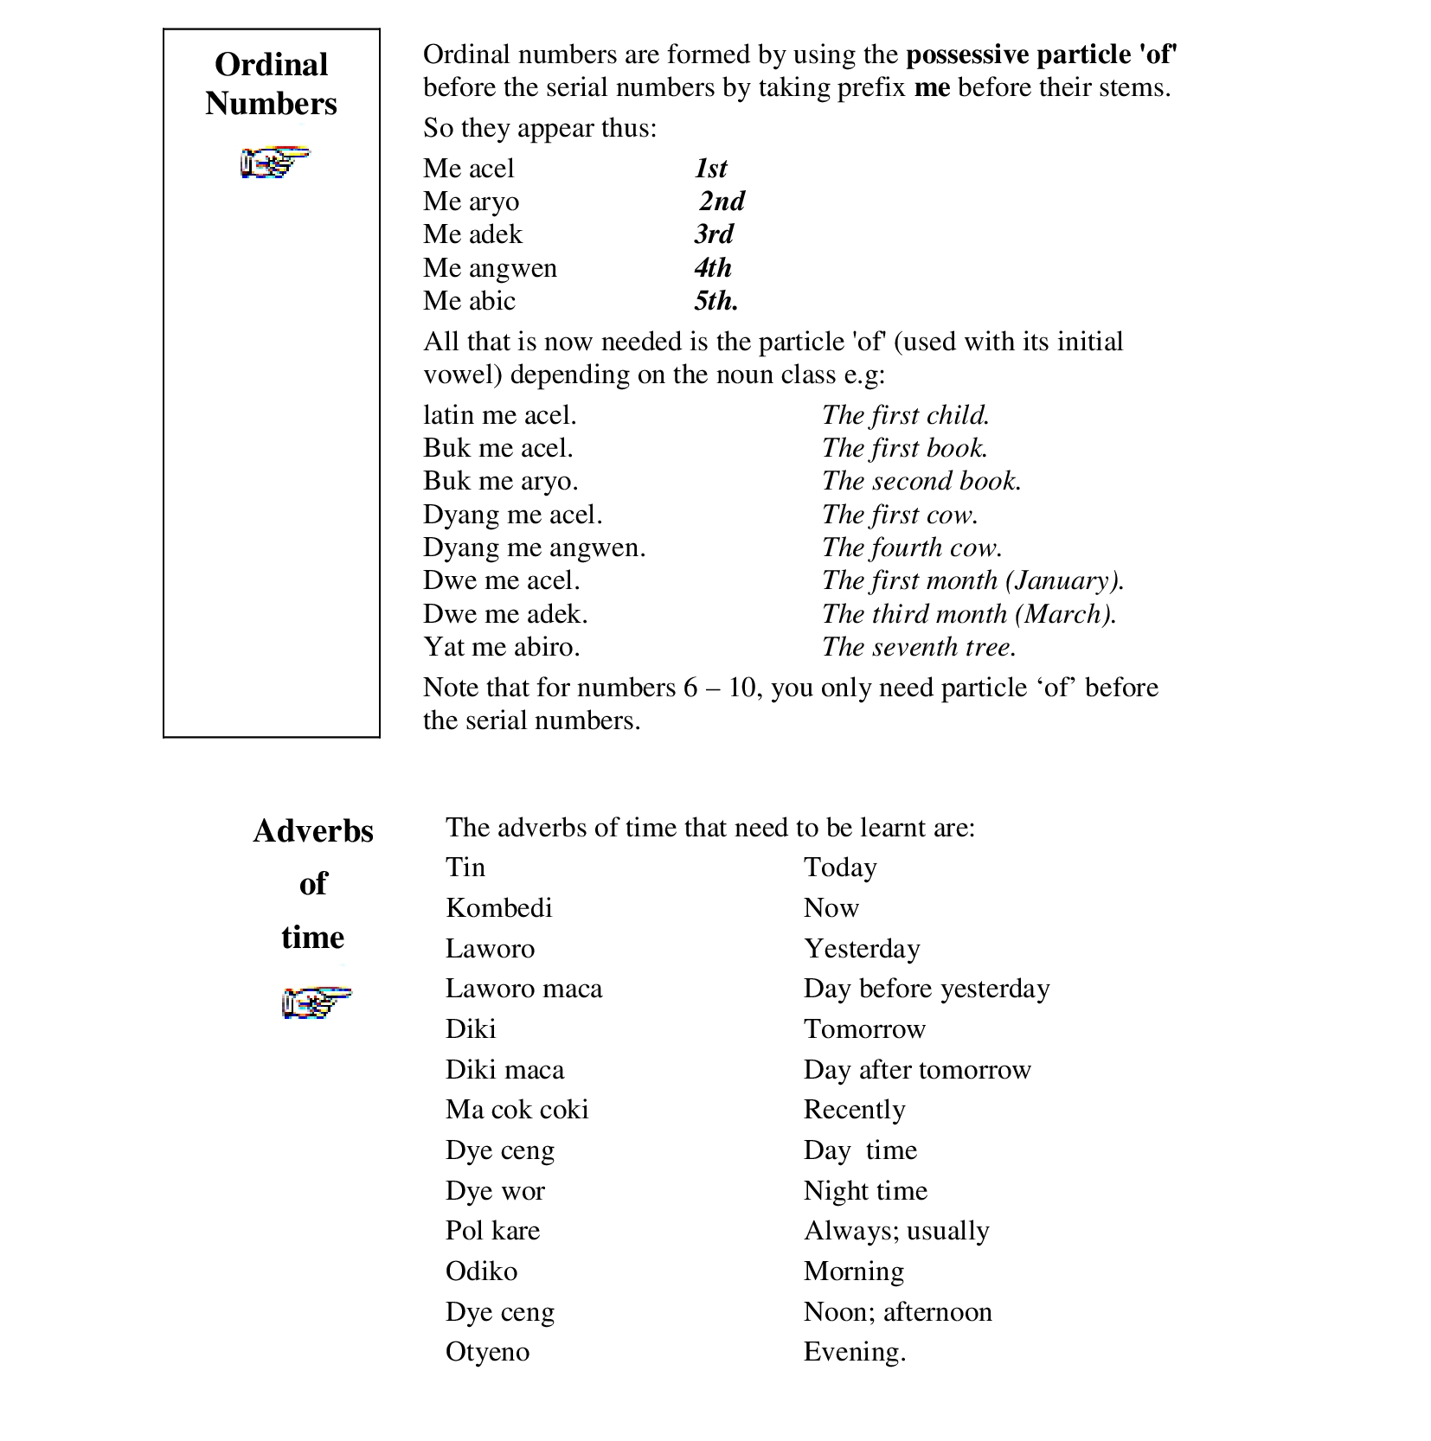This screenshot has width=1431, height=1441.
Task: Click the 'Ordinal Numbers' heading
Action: (271, 84)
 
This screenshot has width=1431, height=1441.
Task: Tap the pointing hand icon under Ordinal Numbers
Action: (274, 161)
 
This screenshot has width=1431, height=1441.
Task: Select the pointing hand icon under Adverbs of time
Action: (317, 1002)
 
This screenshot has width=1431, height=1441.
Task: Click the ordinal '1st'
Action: (711, 169)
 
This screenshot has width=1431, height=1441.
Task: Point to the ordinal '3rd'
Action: (714, 234)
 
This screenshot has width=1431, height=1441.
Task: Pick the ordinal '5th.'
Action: (715, 301)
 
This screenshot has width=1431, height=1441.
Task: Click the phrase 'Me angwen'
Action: (490, 268)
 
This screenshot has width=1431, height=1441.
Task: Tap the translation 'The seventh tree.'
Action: (919, 647)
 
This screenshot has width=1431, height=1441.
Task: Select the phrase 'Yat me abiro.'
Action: (501, 647)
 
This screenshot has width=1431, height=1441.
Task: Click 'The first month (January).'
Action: (972, 580)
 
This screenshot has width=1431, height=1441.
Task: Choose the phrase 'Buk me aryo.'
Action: (500, 481)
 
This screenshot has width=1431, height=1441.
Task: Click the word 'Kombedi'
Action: (498, 908)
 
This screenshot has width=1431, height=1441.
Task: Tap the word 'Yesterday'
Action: (862, 949)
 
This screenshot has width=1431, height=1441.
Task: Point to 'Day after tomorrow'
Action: (917, 1070)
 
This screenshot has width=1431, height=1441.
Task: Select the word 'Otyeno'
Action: (487, 1352)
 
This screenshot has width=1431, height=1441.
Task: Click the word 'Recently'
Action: (854, 1110)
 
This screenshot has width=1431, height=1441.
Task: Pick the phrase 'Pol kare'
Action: (492, 1231)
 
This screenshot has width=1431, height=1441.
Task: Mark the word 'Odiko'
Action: (481, 1271)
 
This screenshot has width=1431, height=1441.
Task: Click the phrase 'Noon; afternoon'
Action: (897, 1312)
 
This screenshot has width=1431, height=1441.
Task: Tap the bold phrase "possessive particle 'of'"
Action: (1041, 55)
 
